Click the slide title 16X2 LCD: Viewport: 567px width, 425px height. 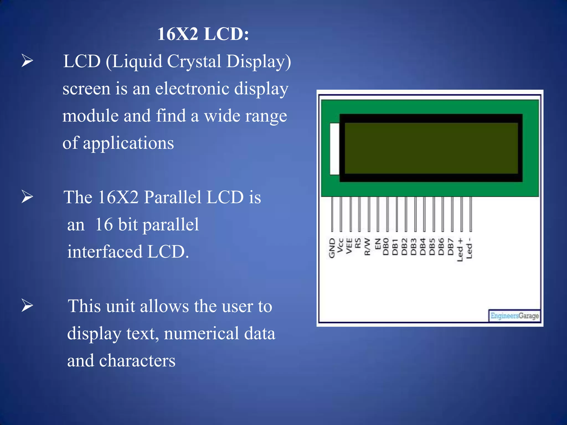pyautogui.click(x=203, y=34)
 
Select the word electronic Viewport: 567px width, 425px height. pyautogui.click(x=192, y=89)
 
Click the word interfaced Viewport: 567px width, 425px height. pyautogui.click(x=105, y=252)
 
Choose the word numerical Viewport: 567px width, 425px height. pyautogui.click(x=201, y=333)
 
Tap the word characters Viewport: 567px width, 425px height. pyautogui.click(x=137, y=361)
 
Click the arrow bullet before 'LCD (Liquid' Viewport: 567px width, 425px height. pyautogui.click(x=27, y=61)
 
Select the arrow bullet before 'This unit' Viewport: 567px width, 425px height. pyautogui.click(x=27, y=306)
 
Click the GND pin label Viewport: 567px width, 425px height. pyautogui.click(x=332, y=248)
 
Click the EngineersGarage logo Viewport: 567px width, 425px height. pyautogui.click(x=514, y=316)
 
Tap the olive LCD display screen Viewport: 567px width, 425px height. pyautogui.click(x=431, y=148)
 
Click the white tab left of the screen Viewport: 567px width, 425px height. pyautogui.click(x=334, y=149)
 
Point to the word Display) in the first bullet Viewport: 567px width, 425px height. pyautogui.click(x=259, y=61)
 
